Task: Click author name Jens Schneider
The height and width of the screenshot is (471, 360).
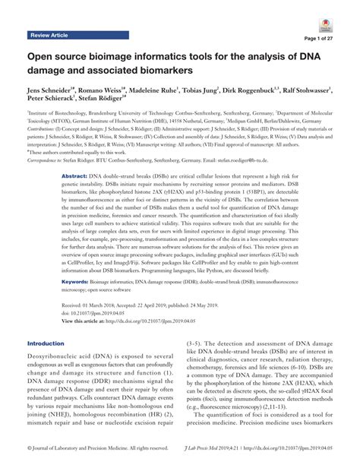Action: tap(53, 90)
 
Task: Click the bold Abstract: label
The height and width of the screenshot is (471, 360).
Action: tap(75, 196)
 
